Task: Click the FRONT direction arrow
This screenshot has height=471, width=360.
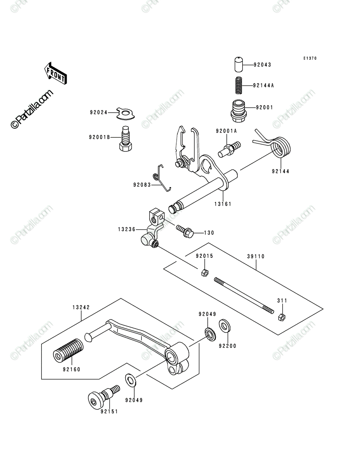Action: click(55, 73)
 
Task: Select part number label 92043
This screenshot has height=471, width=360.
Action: click(262, 65)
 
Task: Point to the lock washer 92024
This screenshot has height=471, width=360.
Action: click(126, 113)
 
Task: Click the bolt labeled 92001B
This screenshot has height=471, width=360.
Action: click(126, 139)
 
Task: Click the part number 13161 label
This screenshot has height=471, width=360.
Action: click(223, 204)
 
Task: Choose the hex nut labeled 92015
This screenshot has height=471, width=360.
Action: click(205, 273)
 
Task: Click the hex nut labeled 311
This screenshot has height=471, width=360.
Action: click(282, 317)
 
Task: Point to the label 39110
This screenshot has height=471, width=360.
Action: click(256, 256)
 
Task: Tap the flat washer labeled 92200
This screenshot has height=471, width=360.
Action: click(225, 327)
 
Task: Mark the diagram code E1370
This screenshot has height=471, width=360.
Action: click(310, 58)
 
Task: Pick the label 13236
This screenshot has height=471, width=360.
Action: click(127, 230)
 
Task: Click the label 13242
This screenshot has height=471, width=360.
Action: click(81, 307)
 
